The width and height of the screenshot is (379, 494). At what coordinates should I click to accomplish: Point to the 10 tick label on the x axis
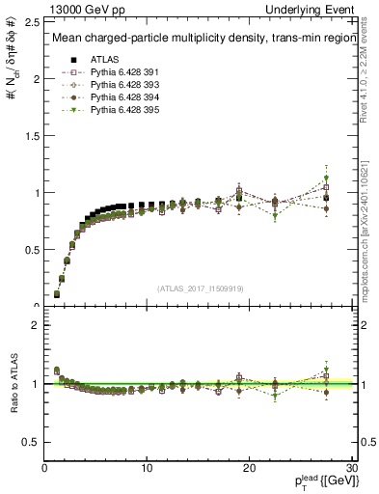pyautogui.click(x=147, y=468)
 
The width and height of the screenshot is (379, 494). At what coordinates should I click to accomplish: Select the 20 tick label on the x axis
pyautogui.click(x=249, y=468)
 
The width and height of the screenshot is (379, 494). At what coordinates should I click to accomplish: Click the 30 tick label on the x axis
pyautogui.click(x=351, y=468)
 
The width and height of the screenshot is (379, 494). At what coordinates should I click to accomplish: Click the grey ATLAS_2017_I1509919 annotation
pyautogui.click(x=201, y=288)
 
